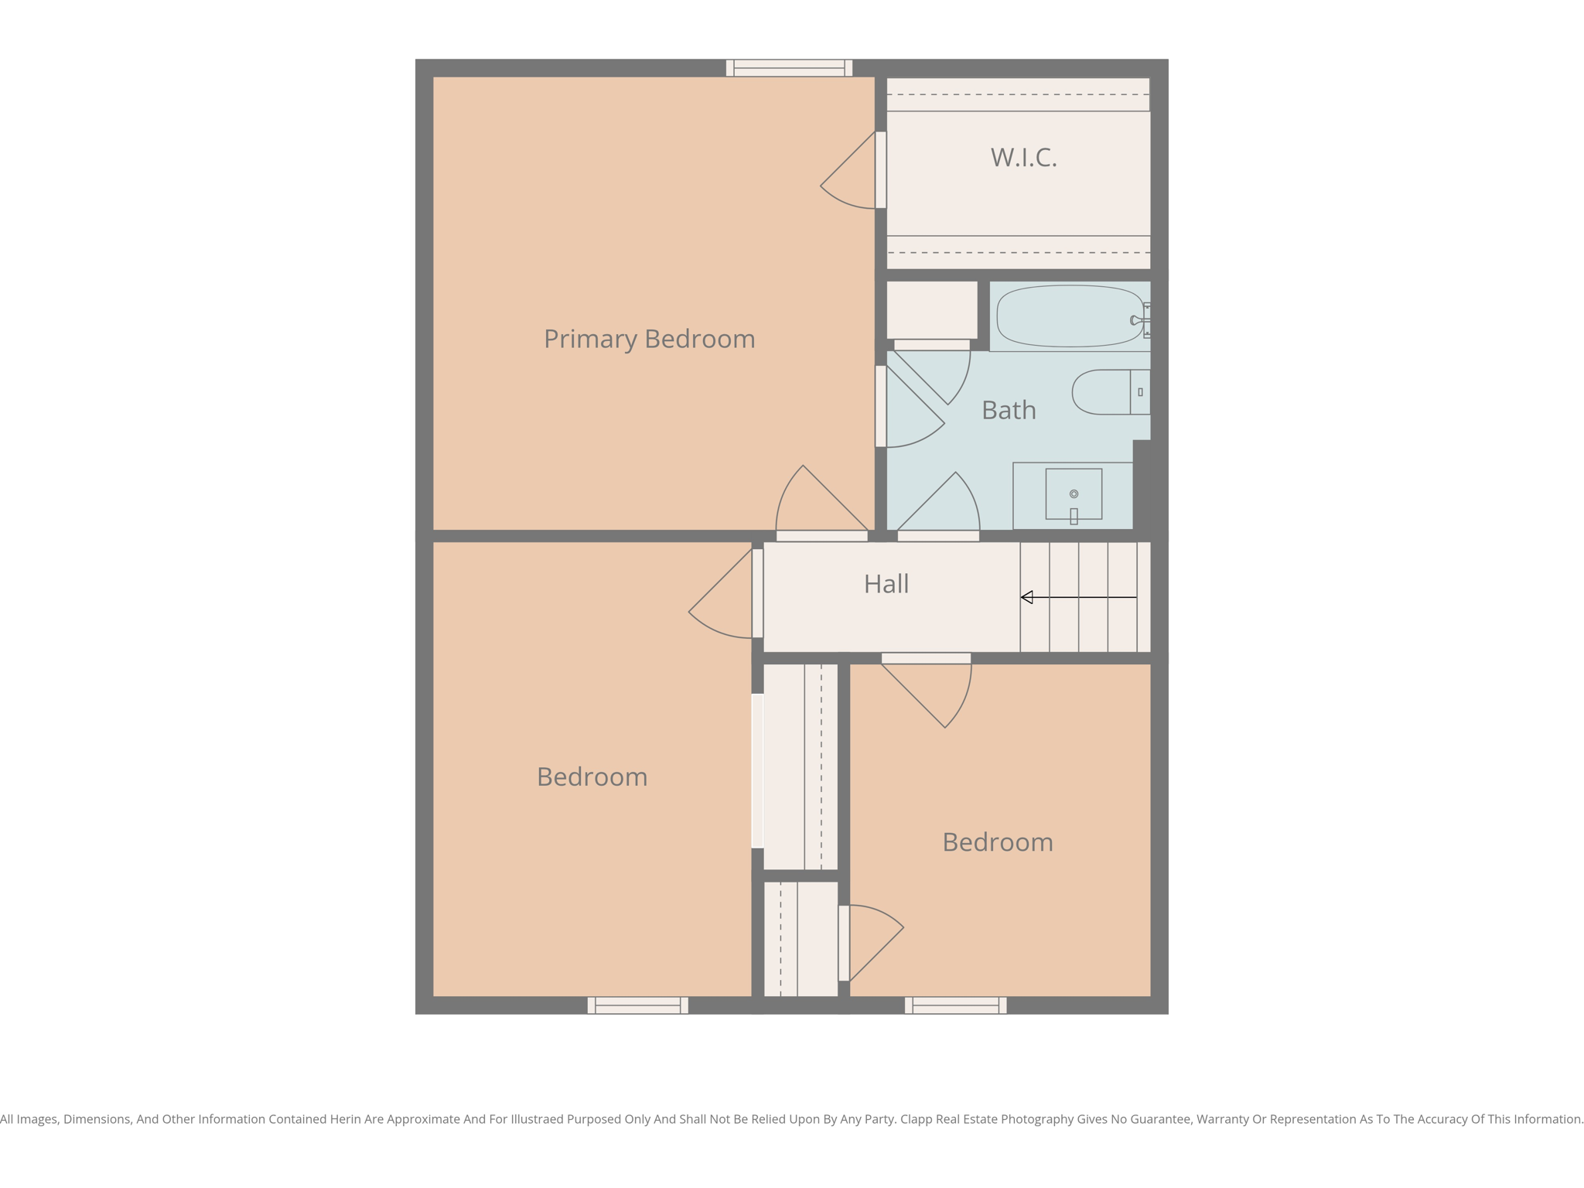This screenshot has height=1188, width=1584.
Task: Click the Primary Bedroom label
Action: (x=649, y=339)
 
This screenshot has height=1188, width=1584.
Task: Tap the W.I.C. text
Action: (x=1023, y=157)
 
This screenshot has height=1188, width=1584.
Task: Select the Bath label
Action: (x=1009, y=410)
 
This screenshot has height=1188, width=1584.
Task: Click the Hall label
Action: (x=886, y=584)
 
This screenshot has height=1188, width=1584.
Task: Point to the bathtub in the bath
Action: (x=1069, y=316)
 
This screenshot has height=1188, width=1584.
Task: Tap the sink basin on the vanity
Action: (x=1074, y=493)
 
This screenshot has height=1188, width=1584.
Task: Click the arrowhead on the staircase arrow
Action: (x=1027, y=597)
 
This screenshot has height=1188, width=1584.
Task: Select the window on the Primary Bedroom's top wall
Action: (x=789, y=68)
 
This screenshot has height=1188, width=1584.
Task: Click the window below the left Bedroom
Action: (x=637, y=1005)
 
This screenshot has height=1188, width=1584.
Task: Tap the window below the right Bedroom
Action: (x=955, y=1005)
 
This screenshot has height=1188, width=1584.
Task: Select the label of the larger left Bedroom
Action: (x=592, y=777)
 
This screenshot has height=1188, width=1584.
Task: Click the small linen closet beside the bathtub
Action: (x=931, y=309)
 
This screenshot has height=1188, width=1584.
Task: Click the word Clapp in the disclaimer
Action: (x=916, y=1119)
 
